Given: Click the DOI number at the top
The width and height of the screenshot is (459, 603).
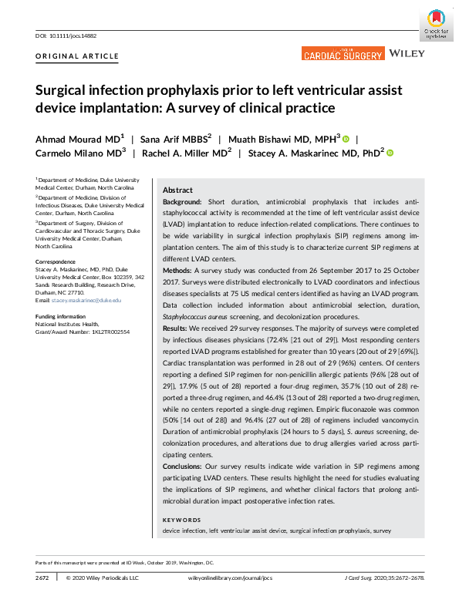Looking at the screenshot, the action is pos(74,35).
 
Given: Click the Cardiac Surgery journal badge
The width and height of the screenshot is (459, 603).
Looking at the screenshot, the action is pos(343,54).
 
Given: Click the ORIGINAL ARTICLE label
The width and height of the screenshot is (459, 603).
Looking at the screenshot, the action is pos(77,56).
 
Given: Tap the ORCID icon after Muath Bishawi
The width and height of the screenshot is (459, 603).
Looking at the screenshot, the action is pos(346,139).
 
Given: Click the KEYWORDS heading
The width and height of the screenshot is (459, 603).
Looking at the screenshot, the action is pos(182,520).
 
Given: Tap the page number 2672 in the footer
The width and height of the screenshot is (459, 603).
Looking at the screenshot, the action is pos(43,577).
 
